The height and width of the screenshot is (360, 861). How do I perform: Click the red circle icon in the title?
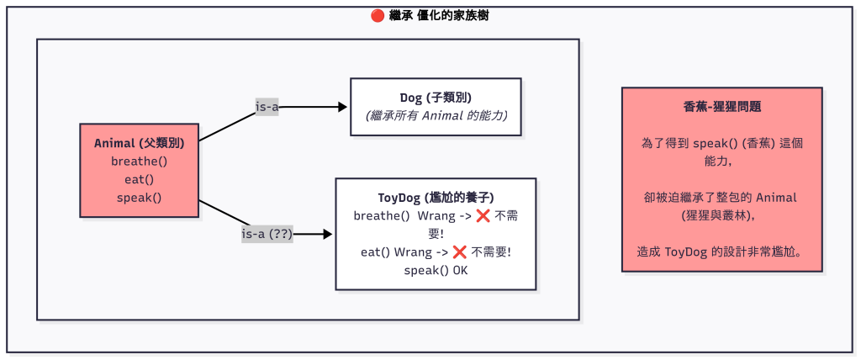(x=378, y=15)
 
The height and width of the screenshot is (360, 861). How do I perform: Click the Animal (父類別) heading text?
(x=140, y=143)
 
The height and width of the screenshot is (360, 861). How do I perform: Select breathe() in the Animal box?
(x=140, y=161)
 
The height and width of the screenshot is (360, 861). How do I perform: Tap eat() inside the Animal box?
(x=140, y=179)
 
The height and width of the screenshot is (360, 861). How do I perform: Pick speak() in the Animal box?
(x=140, y=198)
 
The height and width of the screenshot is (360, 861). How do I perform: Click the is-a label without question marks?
(x=267, y=107)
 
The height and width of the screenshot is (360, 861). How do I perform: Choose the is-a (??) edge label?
(x=267, y=235)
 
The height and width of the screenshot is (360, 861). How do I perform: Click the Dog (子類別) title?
(x=436, y=98)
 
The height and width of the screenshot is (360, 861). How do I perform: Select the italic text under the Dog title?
(x=436, y=115)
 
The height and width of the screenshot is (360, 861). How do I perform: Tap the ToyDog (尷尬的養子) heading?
(x=436, y=198)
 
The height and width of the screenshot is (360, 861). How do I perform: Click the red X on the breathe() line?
(x=483, y=216)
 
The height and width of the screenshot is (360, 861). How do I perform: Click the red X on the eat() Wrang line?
(x=459, y=252)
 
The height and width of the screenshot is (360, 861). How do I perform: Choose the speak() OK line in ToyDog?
(x=436, y=271)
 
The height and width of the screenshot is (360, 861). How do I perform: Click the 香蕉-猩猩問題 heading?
(x=722, y=107)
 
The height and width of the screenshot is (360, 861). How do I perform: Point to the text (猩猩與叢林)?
(x=722, y=215)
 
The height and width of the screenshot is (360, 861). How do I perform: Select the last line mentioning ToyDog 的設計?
(x=722, y=251)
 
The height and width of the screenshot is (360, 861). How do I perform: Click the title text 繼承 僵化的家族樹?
(x=439, y=15)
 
